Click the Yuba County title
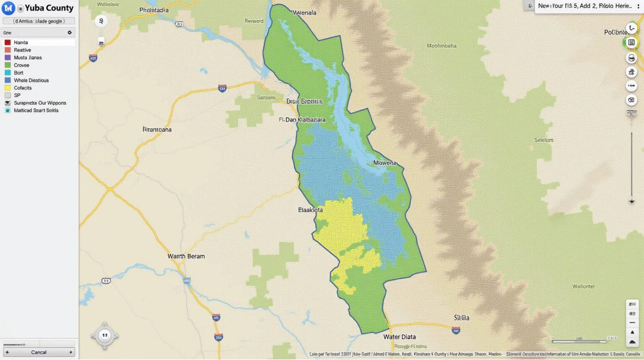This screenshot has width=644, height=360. [x=49, y=8]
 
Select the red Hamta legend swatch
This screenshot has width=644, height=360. [x=8, y=42]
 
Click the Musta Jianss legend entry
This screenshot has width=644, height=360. [x=28, y=57]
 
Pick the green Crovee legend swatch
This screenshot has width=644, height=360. [x=8, y=65]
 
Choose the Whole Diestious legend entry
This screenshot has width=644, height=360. [x=31, y=80]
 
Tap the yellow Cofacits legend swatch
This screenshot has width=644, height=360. [x=8, y=88]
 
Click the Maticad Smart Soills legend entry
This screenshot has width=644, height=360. [x=36, y=110]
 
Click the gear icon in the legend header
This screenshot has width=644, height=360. [x=70, y=32]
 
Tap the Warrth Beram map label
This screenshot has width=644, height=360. [x=186, y=256]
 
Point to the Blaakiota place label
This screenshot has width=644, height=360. [x=310, y=210]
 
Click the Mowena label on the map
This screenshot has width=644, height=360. [x=384, y=163]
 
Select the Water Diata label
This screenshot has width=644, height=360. [x=399, y=337]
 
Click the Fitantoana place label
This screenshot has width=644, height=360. [x=157, y=129]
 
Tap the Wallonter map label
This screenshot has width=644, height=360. [x=583, y=286]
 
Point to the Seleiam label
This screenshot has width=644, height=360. [x=543, y=140]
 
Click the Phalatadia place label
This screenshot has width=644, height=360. [x=154, y=10]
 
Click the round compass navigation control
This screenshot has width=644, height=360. [x=104, y=335]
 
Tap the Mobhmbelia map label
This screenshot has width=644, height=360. [x=441, y=45]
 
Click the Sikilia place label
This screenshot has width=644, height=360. [x=461, y=318]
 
